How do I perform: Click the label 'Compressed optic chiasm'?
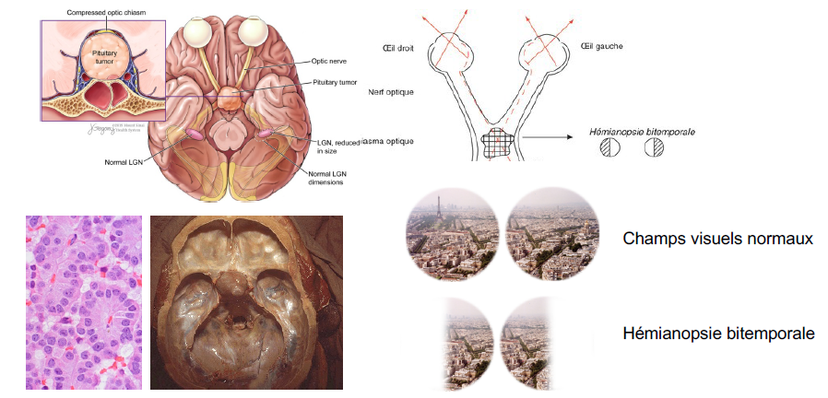(107, 11)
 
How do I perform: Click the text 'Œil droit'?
(397, 48)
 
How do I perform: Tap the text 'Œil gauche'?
(602, 46)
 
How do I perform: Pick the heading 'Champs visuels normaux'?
(717, 239)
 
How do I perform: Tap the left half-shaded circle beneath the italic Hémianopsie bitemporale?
(608, 148)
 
